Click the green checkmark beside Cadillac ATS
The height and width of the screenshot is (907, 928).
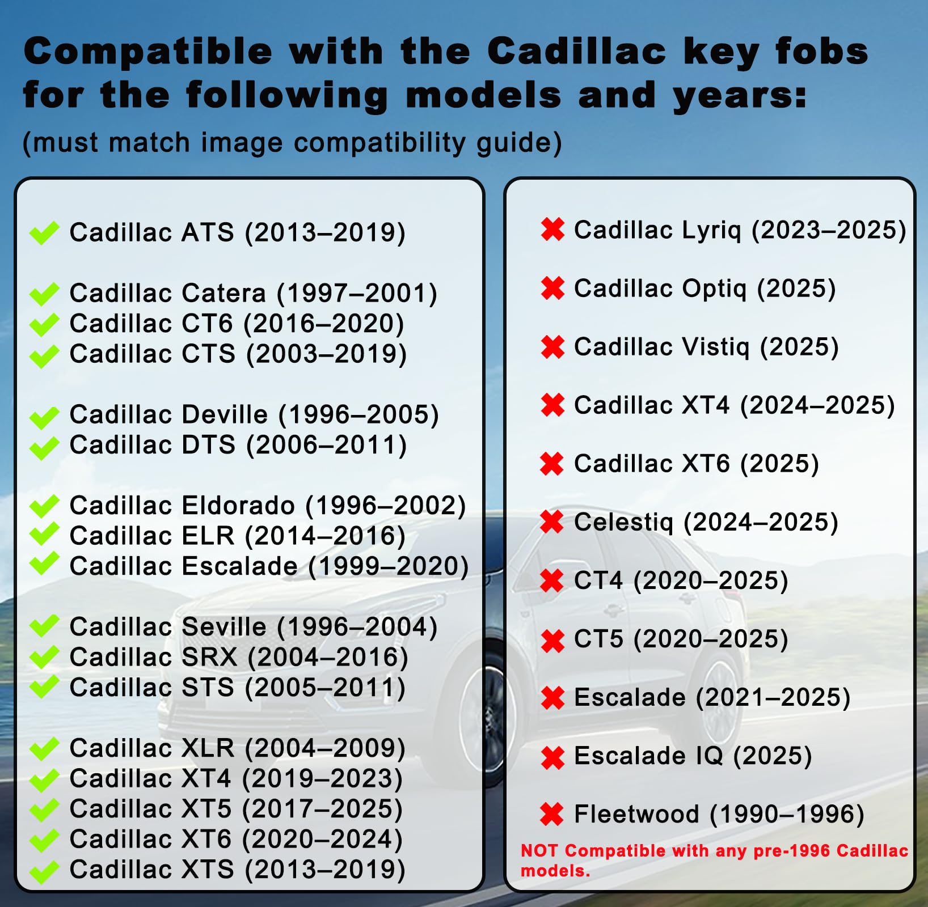click(x=44, y=232)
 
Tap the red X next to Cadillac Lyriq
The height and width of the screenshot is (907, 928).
click(x=552, y=230)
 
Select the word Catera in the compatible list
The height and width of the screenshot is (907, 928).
click(x=224, y=293)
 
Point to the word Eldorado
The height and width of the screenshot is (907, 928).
click(x=238, y=506)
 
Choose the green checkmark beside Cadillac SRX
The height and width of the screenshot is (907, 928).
click(x=44, y=658)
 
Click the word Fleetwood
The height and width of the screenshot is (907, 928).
click(x=636, y=814)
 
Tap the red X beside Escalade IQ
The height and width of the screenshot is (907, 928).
click(x=552, y=757)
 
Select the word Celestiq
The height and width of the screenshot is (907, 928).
click(x=624, y=522)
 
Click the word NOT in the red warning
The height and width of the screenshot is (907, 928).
click(x=539, y=850)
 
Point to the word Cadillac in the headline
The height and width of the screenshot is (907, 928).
click(x=576, y=52)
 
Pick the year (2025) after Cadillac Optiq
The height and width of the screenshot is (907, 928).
click(x=796, y=289)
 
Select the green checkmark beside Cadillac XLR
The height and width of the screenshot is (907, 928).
click(x=44, y=748)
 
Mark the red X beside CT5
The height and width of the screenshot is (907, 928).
click(x=552, y=641)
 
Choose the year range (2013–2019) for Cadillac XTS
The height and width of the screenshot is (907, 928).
click(x=325, y=870)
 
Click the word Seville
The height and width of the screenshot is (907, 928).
click(x=224, y=627)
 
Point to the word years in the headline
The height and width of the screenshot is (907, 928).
click(x=739, y=96)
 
